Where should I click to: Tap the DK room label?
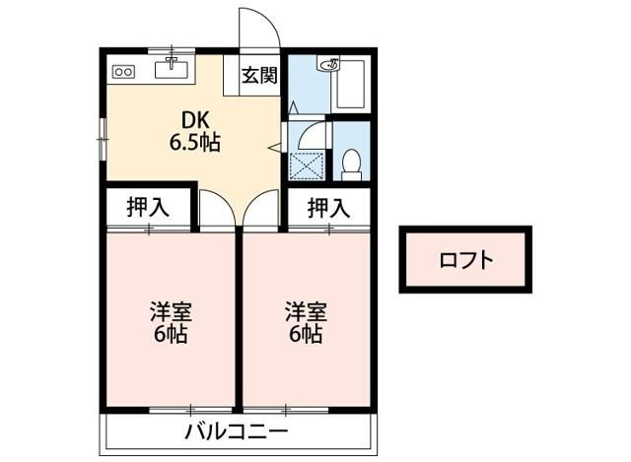click(195, 120)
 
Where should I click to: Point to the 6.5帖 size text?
click(195, 142)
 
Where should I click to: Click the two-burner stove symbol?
click(123, 72)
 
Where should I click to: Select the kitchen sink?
click(172, 69)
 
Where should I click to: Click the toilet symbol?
click(351, 165)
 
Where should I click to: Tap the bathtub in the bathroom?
click(351, 85)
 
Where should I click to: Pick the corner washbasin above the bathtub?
click(329, 63)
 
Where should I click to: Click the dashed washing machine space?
click(307, 165)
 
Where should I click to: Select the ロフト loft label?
click(466, 260)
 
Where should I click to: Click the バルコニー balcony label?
click(237, 432)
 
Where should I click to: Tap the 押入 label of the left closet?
click(148, 208)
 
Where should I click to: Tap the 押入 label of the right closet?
click(328, 208)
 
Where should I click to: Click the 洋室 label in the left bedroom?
click(171, 311)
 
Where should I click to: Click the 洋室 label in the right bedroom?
click(307, 311)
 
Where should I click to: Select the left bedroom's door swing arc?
click(226, 199)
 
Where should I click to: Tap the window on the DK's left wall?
click(103, 139)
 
